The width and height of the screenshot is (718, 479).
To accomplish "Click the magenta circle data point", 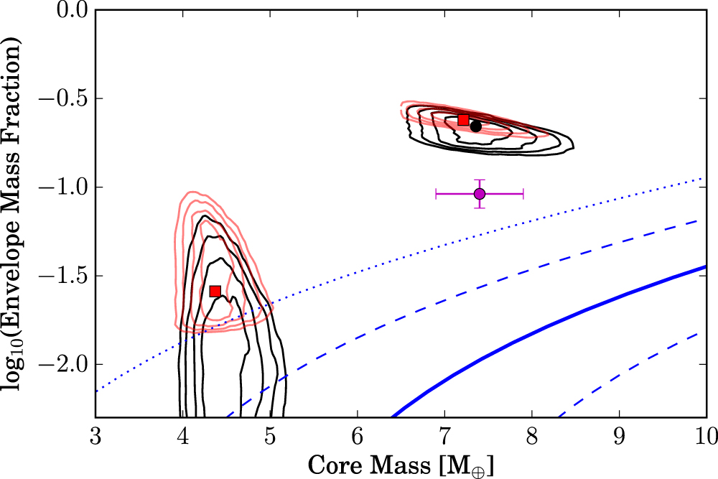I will coord(480,194).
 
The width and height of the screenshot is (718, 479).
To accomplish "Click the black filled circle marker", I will coord(475,126).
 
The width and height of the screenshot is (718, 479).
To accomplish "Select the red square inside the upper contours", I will coord(463,120).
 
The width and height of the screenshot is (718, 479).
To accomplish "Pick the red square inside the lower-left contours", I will coord(215,291).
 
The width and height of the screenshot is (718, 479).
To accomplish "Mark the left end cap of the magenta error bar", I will coord(437,194).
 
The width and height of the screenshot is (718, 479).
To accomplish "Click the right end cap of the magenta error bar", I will coord(523,194).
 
